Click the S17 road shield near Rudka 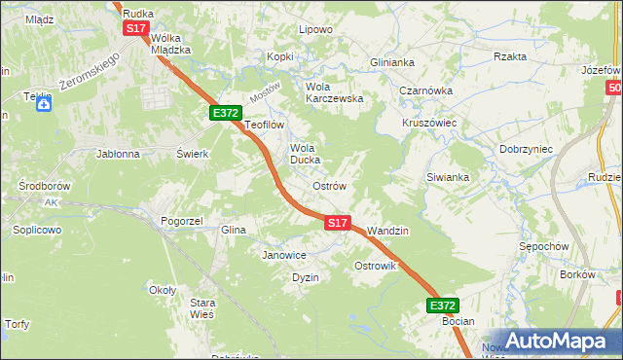[135, 29]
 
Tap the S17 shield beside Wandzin [337, 223]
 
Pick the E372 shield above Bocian [442, 305]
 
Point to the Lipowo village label [315, 29]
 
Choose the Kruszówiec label [429, 124]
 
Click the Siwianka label [448, 177]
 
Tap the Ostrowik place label [375, 266]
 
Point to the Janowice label [284, 255]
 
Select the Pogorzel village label [181, 221]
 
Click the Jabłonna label [118, 154]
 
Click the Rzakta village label [510, 56]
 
